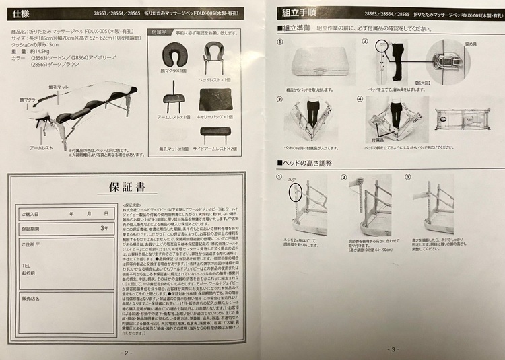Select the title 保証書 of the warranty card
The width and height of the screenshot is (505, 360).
pyautogui.click(x=125, y=186)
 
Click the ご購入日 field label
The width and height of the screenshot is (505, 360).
pyautogui.click(x=31, y=213)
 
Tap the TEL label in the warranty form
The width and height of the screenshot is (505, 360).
pyautogui.click(x=26, y=265)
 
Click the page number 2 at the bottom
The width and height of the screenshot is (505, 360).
pyautogui.click(x=126, y=351)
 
